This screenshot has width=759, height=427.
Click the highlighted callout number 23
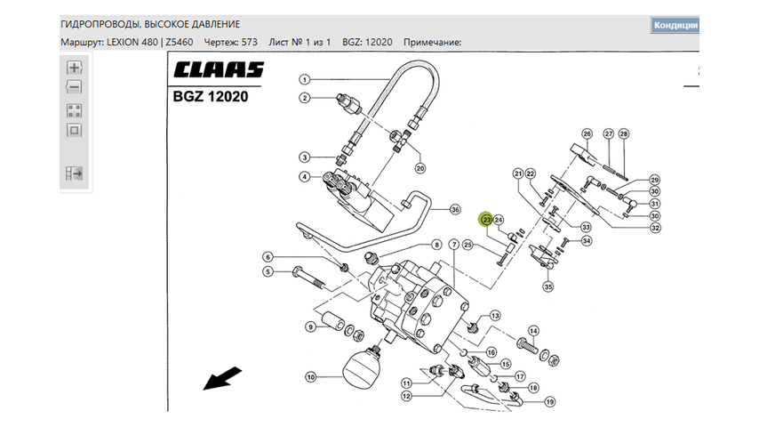coord(486,220)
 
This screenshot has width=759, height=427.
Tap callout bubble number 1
coord(304,78)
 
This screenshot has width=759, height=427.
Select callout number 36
coord(455,210)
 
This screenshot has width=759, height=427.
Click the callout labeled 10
coord(311,377)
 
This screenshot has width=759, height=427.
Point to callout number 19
coord(550,402)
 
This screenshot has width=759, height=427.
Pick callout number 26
coord(587,134)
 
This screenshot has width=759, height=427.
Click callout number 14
coord(533,330)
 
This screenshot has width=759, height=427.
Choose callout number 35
coord(547,286)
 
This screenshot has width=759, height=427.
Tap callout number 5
coord(267,272)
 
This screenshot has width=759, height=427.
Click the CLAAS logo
coord(219,69)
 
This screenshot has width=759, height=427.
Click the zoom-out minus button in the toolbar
coord(74,87)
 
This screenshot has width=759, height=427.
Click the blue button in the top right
coord(675,24)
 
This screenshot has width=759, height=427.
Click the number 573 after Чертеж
coord(249,43)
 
